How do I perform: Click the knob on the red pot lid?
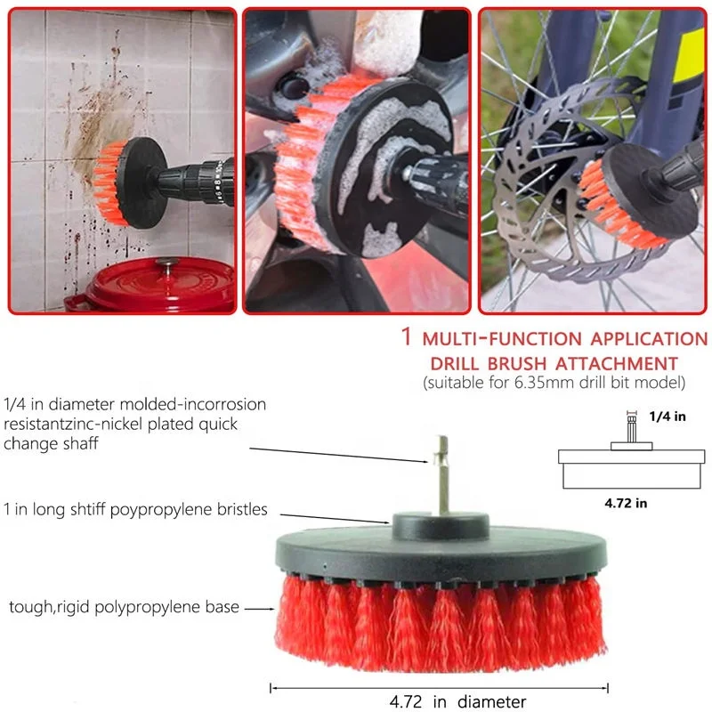166,263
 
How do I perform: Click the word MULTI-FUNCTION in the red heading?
502,339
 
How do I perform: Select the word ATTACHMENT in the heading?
617,364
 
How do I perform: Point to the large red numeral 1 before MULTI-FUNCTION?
407,336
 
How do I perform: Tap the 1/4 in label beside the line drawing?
667,417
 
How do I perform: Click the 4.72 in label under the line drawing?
626,503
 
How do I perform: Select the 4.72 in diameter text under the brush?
457,701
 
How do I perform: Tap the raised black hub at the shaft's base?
441,526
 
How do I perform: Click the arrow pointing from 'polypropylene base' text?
260,609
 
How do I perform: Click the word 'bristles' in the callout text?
242,509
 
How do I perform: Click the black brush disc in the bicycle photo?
650,190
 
